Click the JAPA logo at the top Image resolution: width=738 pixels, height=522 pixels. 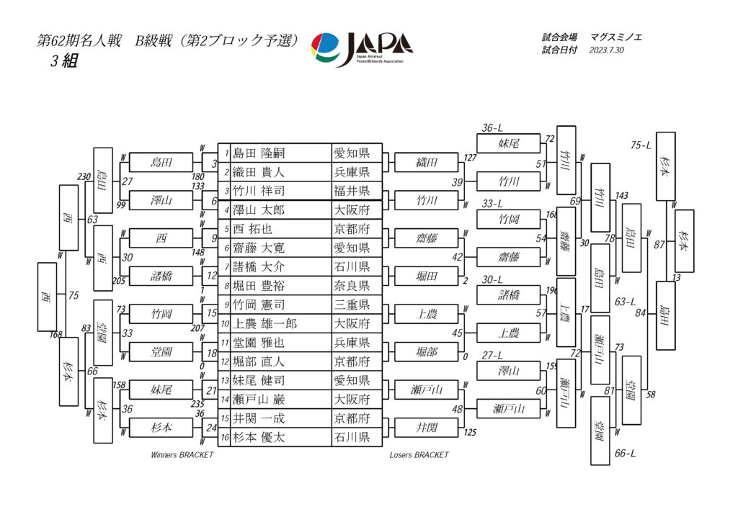tap(362, 48)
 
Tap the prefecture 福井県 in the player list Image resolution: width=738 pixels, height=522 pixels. tap(351, 191)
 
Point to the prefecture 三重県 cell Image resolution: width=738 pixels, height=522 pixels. tap(351, 305)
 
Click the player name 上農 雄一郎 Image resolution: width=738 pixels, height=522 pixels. tap(265, 323)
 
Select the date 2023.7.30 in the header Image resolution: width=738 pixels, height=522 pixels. tap(606, 51)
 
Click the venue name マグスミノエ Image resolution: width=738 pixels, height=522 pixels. tap(616, 37)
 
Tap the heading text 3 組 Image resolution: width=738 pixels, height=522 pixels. tap(63, 62)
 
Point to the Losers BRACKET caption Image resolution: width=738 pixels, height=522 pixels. tap(419, 455)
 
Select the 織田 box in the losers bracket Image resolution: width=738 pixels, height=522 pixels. tap(427, 163)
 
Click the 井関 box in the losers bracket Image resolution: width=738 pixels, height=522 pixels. tap(427, 428)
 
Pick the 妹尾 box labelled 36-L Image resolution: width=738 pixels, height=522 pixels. tap(509, 143)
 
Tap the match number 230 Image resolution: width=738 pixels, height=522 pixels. tap(85, 177)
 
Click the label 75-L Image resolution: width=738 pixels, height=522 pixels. tap(641, 145)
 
